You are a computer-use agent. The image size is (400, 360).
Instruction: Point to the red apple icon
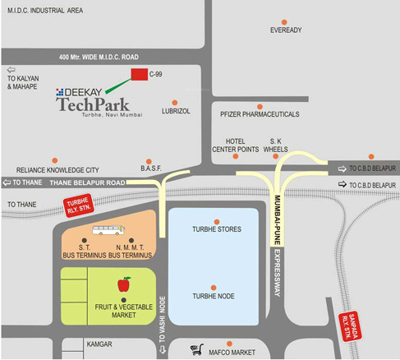pos(124,284)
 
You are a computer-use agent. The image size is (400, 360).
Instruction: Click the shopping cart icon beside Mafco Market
pos(196,349)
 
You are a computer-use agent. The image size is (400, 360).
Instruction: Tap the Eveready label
pos(287,30)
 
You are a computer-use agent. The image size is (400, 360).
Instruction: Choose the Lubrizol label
pos(177,109)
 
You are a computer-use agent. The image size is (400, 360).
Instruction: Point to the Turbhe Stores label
pos(217,231)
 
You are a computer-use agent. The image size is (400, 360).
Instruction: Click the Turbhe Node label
pos(215,294)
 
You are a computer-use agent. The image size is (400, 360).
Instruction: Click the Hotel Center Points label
pos(236,145)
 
